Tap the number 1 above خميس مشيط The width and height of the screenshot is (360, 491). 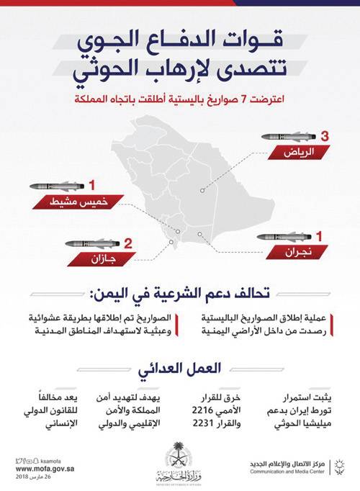pos(91,186)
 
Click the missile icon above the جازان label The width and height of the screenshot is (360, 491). pos(93,243)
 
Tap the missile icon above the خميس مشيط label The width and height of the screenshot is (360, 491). pos(57,186)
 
